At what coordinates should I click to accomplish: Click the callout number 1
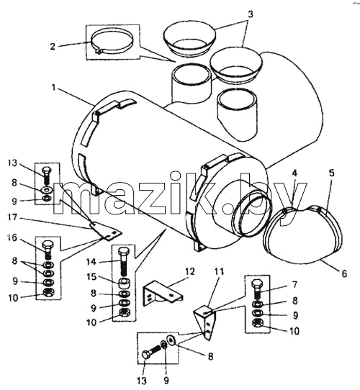(x=53, y=88)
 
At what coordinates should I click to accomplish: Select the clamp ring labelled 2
(x=112, y=42)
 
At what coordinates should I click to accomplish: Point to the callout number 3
(x=251, y=14)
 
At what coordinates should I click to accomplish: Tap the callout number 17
(x=12, y=218)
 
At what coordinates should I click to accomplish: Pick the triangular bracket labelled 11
(x=205, y=322)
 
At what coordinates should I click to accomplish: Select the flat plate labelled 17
(x=106, y=231)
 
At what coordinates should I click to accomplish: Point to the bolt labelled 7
(x=257, y=289)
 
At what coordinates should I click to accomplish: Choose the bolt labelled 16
(x=48, y=250)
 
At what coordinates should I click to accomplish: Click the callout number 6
(x=344, y=273)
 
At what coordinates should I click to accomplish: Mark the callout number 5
(x=332, y=173)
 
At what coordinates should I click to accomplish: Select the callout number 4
(x=294, y=173)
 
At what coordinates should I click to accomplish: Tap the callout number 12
(x=189, y=271)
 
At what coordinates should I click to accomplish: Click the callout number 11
(x=220, y=271)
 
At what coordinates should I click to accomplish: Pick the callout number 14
(x=91, y=262)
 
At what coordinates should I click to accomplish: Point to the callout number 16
(x=12, y=237)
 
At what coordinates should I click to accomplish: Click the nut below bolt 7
(x=257, y=323)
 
